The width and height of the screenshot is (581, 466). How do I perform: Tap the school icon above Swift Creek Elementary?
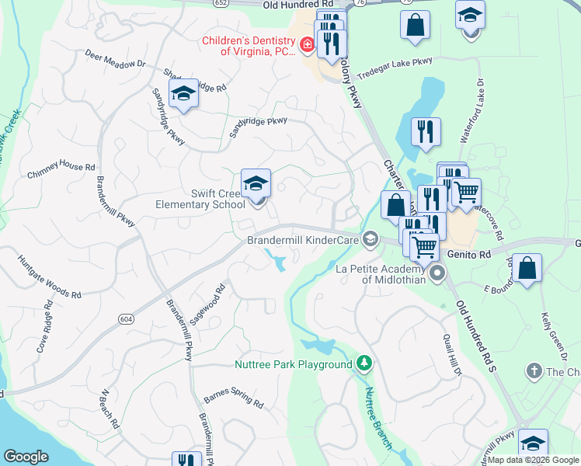click(x=256, y=184)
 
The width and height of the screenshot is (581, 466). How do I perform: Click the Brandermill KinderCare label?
click(x=302, y=241)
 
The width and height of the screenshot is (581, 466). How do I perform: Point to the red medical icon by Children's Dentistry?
click(x=308, y=47)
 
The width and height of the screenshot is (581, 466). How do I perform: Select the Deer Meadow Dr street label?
click(x=116, y=59)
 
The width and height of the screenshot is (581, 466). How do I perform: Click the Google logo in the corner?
click(x=26, y=457)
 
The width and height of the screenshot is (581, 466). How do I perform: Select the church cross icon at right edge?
click(x=533, y=371)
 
